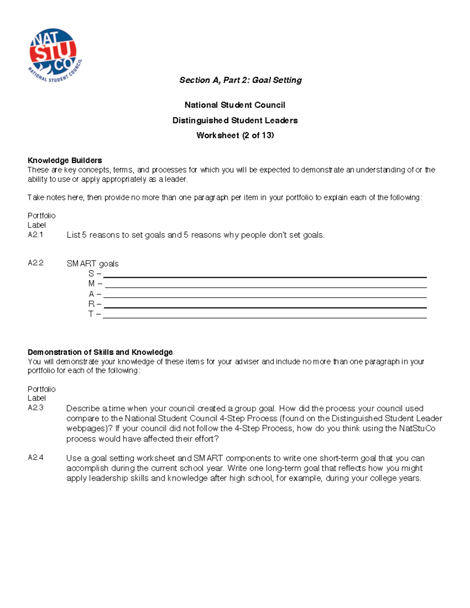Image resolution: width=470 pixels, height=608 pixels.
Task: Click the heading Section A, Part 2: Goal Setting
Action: pyautogui.click(x=240, y=80)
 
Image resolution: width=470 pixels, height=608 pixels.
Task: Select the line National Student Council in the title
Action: pyautogui.click(x=235, y=105)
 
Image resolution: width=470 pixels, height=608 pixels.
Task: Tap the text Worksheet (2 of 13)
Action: pyautogui.click(x=235, y=135)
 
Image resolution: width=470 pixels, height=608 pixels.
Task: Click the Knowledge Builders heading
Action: pyautogui.click(x=65, y=161)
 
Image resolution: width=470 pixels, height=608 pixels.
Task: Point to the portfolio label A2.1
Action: pyautogui.click(x=35, y=235)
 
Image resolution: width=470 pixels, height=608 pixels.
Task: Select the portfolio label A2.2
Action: pyautogui.click(x=35, y=263)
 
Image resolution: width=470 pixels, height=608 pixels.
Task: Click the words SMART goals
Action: pyautogui.click(x=92, y=264)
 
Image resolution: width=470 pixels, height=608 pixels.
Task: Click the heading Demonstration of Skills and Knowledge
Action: pyautogui.click(x=100, y=352)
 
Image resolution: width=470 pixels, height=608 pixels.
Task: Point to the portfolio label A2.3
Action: pyautogui.click(x=35, y=408)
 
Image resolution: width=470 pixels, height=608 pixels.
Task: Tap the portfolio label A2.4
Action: pyautogui.click(x=35, y=458)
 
